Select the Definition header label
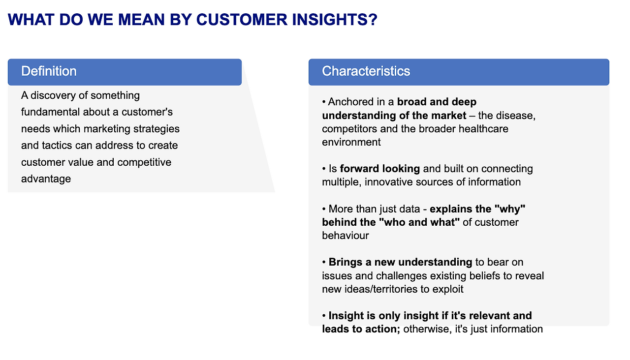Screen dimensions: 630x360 coord(49,71)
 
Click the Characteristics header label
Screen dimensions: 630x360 coord(366,71)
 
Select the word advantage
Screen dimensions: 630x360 coord(46,179)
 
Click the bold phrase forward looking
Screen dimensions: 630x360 coord(379,169)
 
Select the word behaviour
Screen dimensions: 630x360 coord(345,235)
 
